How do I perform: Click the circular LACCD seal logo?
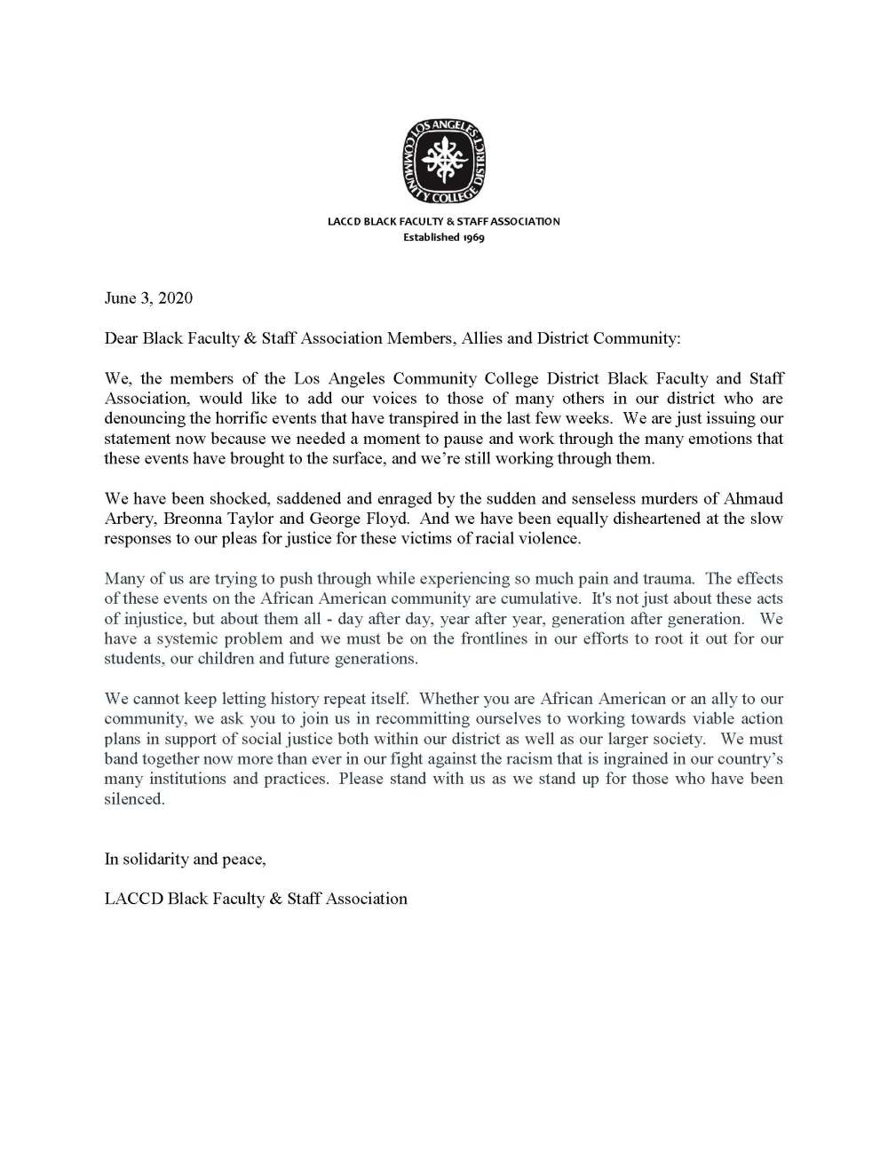tap(444, 161)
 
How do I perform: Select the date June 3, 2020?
tap(148, 298)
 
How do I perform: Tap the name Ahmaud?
tap(754, 499)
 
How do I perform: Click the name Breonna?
tap(194, 519)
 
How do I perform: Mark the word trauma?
tap(666, 579)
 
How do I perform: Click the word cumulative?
tap(540, 598)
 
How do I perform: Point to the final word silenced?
tap(134, 799)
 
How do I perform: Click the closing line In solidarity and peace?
tap(185, 860)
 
